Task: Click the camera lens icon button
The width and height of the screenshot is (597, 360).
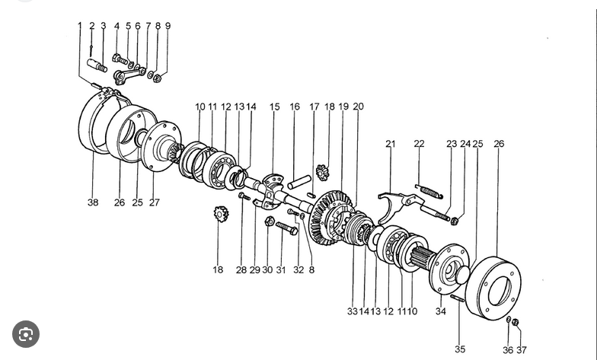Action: (26, 334)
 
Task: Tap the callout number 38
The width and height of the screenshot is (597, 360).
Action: (93, 202)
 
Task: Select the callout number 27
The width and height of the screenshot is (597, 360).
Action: (154, 202)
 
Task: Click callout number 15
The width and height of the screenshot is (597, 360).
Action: (274, 107)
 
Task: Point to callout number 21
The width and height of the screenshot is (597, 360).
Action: (390, 144)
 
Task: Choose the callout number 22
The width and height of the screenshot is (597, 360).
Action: (419, 144)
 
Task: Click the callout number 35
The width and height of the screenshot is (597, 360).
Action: (460, 349)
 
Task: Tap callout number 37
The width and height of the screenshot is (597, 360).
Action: (521, 350)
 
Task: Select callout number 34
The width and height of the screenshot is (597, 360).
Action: (440, 311)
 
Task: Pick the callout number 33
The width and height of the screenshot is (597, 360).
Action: (352, 311)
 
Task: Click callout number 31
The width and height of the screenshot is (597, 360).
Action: (280, 269)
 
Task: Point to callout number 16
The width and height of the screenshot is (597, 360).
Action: (295, 107)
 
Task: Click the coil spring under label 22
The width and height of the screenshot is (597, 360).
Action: (429, 192)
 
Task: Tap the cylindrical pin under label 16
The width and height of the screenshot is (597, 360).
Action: (299, 182)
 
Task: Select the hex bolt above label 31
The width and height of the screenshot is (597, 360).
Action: (286, 228)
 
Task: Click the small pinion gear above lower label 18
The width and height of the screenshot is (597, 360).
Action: (221, 214)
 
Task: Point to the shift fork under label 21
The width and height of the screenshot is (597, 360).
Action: (400, 206)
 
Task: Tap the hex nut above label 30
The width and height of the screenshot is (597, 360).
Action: (270, 221)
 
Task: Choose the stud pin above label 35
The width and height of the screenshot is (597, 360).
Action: (458, 298)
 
